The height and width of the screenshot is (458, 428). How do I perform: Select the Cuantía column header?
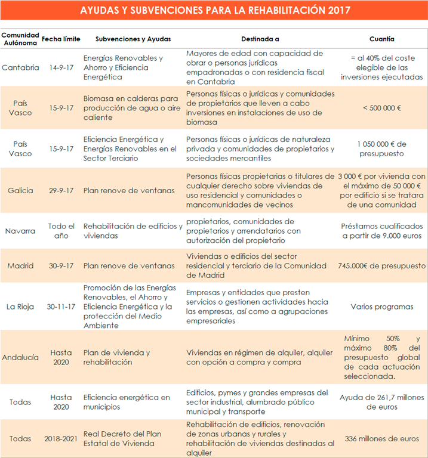381,39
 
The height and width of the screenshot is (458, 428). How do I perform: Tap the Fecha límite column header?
60,39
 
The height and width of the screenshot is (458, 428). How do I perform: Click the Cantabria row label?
20,67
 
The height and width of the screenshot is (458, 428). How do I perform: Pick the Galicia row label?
20,191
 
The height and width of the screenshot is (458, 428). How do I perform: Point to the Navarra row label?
20,231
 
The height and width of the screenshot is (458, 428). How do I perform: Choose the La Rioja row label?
20,307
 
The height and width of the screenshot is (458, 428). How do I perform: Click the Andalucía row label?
20,357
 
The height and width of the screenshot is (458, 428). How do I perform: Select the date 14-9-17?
61,67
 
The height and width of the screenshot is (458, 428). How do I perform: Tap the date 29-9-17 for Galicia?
61,191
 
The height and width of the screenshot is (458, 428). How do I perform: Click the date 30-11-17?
61,307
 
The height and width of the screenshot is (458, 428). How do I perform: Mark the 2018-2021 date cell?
61,438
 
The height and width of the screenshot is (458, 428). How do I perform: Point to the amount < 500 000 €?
381,108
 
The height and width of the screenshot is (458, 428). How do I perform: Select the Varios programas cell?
381,307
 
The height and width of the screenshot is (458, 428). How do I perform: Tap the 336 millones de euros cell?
381,438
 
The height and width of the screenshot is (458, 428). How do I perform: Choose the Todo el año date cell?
61,231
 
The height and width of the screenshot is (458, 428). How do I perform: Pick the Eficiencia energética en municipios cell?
127,402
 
